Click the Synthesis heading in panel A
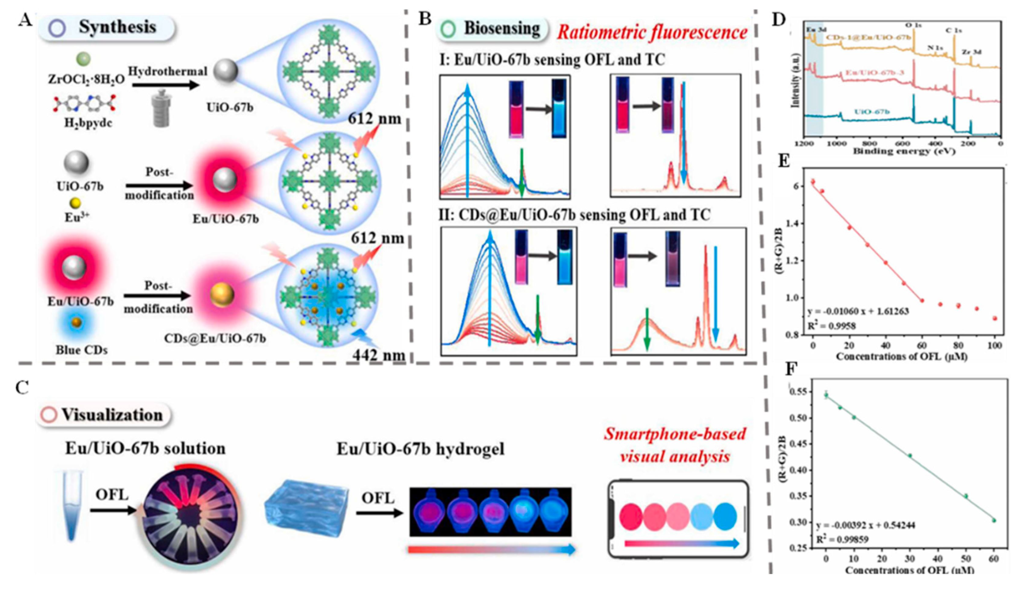click(117, 27)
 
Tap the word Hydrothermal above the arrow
click(168, 72)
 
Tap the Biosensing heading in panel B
click(501, 29)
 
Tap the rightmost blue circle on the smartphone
click(725, 517)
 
